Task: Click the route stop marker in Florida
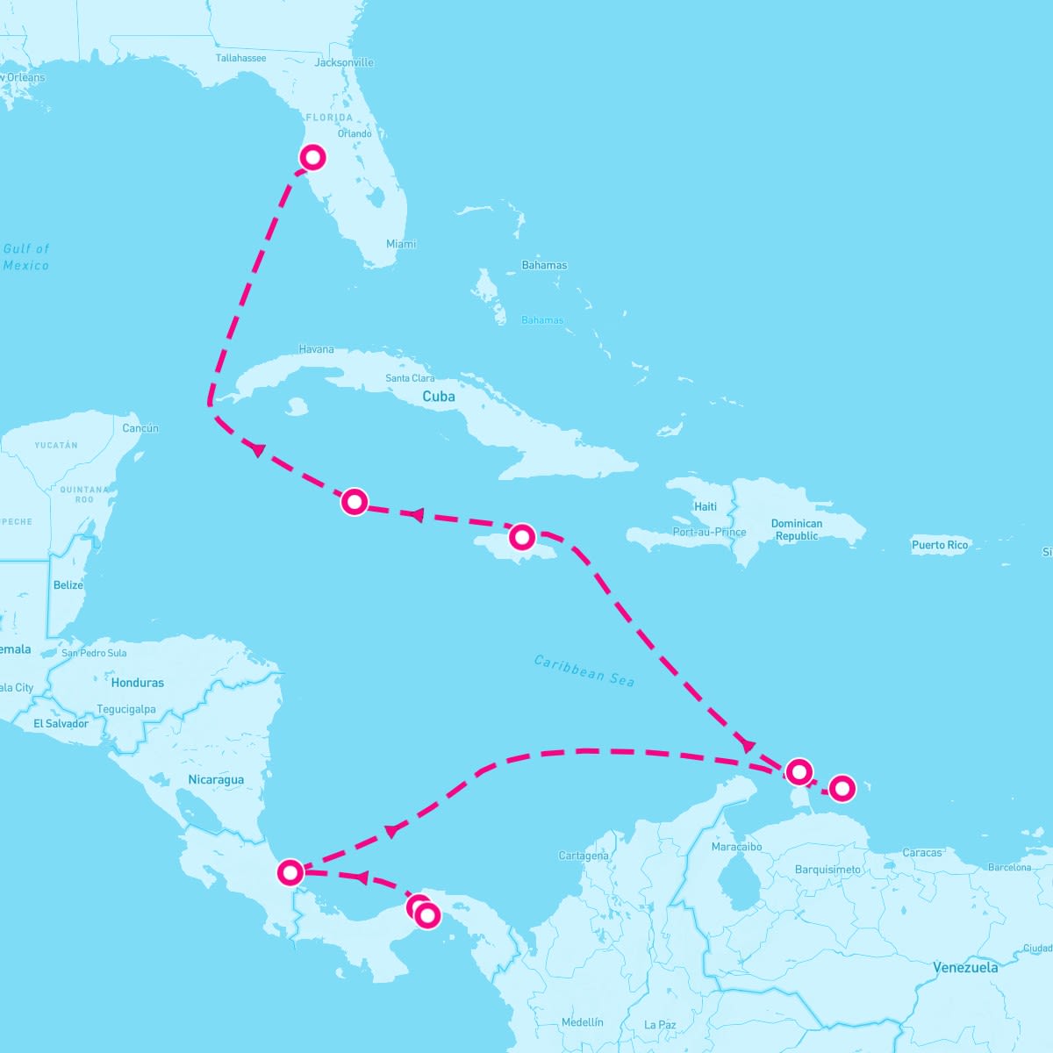[x=313, y=157]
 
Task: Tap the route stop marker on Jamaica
[x=522, y=535]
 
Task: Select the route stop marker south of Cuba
[x=354, y=501]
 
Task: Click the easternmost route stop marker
[x=842, y=788]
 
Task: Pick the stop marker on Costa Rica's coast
[x=290, y=872]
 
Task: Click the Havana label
[x=316, y=349]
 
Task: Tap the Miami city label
[x=401, y=244]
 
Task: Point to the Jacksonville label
[x=344, y=62]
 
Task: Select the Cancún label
[x=140, y=428]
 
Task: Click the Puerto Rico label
[x=939, y=545]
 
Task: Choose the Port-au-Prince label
[x=709, y=532]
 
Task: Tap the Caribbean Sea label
[x=584, y=670]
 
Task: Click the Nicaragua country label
[x=216, y=779]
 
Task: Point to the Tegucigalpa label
[x=126, y=709]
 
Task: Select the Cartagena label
[x=584, y=856]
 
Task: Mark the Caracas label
[x=921, y=852]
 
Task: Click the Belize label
[x=68, y=585]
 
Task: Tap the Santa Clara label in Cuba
[x=410, y=378]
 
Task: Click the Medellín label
[x=582, y=1022]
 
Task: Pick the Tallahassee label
[x=240, y=58]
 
